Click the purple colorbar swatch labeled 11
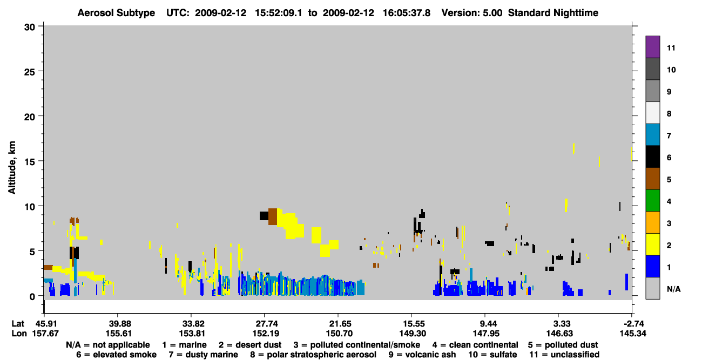pos(652,46)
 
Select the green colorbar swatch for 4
pos(652,201)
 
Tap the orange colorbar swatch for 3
pos(652,222)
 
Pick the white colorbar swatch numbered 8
pos(652,113)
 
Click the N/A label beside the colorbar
pos(673,289)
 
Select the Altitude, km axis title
pos(11,167)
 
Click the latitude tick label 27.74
pos(266,324)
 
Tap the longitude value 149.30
pos(413,334)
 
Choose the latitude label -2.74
pos(633,324)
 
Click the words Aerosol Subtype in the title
pos(116,13)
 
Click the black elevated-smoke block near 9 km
pos(264,216)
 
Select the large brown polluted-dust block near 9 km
pos(273,216)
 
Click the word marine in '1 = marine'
pos(193,345)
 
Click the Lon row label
pos(19,334)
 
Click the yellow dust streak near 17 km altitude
pos(573,148)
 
